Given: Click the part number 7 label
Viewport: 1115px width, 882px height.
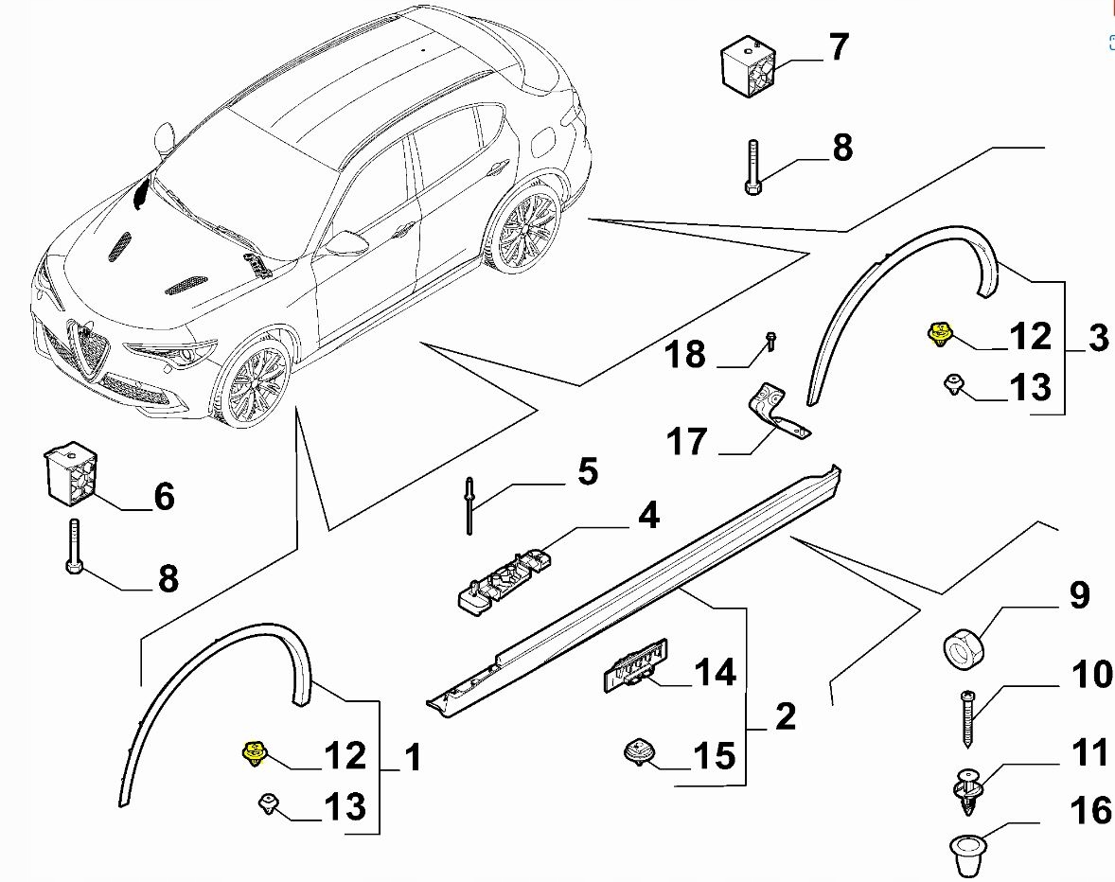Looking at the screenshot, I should pyautogui.click(x=839, y=47).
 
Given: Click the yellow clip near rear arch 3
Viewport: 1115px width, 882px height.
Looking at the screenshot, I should pyautogui.click(x=939, y=333).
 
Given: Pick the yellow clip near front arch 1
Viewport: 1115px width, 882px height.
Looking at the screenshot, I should pyautogui.click(x=253, y=753).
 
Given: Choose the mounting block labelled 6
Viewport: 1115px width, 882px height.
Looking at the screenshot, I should pyautogui.click(x=71, y=475).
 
